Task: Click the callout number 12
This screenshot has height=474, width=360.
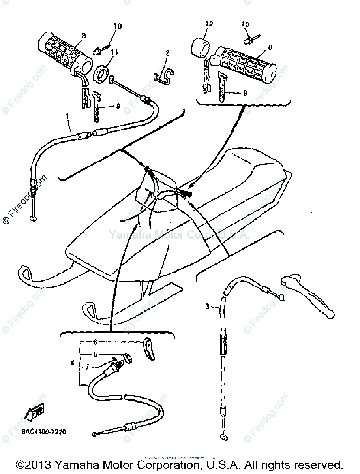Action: coord(209,24)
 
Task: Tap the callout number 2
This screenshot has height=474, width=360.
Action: coord(167,53)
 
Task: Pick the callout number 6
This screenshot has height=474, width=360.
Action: coord(95,342)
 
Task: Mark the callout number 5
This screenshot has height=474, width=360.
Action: coord(95,355)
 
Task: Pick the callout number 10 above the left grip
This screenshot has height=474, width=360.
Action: coord(118,27)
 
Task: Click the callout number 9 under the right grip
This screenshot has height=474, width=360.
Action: coord(245,94)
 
